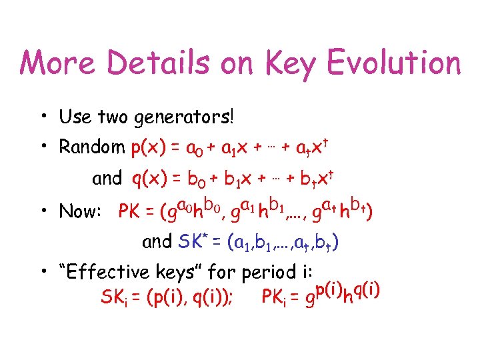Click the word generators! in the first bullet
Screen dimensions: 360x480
(x=193, y=119)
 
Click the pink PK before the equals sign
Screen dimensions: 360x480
(x=130, y=212)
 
